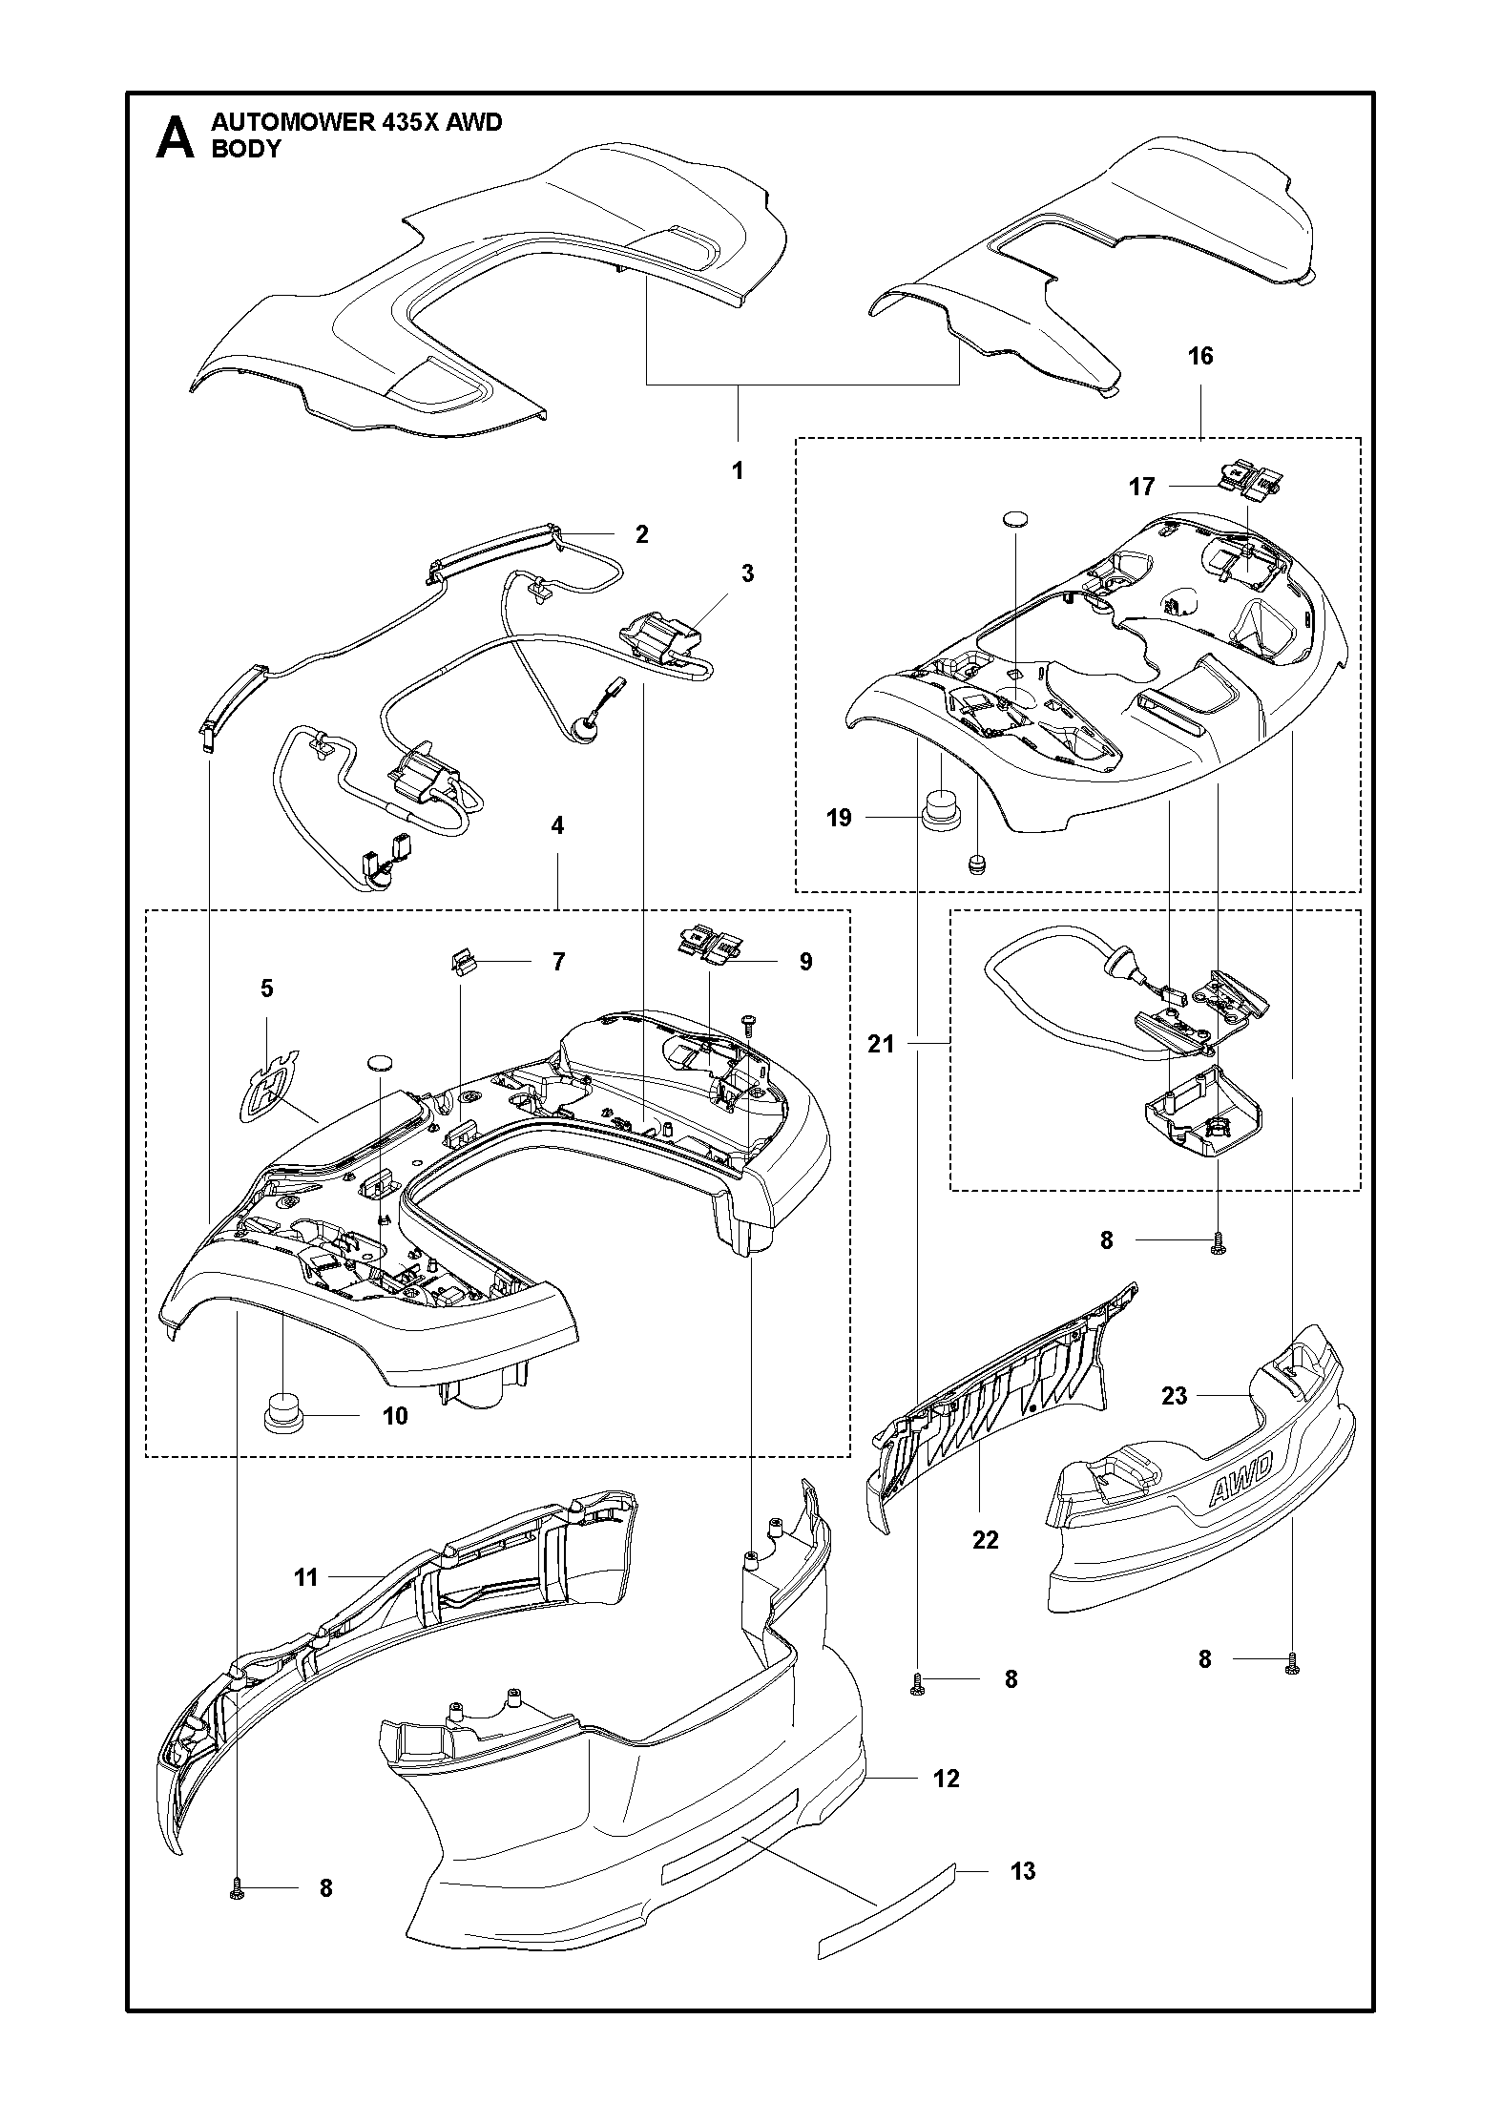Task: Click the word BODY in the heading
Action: (246, 149)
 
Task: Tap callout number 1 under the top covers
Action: (738, 470)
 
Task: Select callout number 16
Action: (1199, 356)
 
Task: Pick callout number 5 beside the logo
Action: (266, 989)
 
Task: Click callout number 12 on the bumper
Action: (946, 1778)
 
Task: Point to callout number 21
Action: (881, 1044)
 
